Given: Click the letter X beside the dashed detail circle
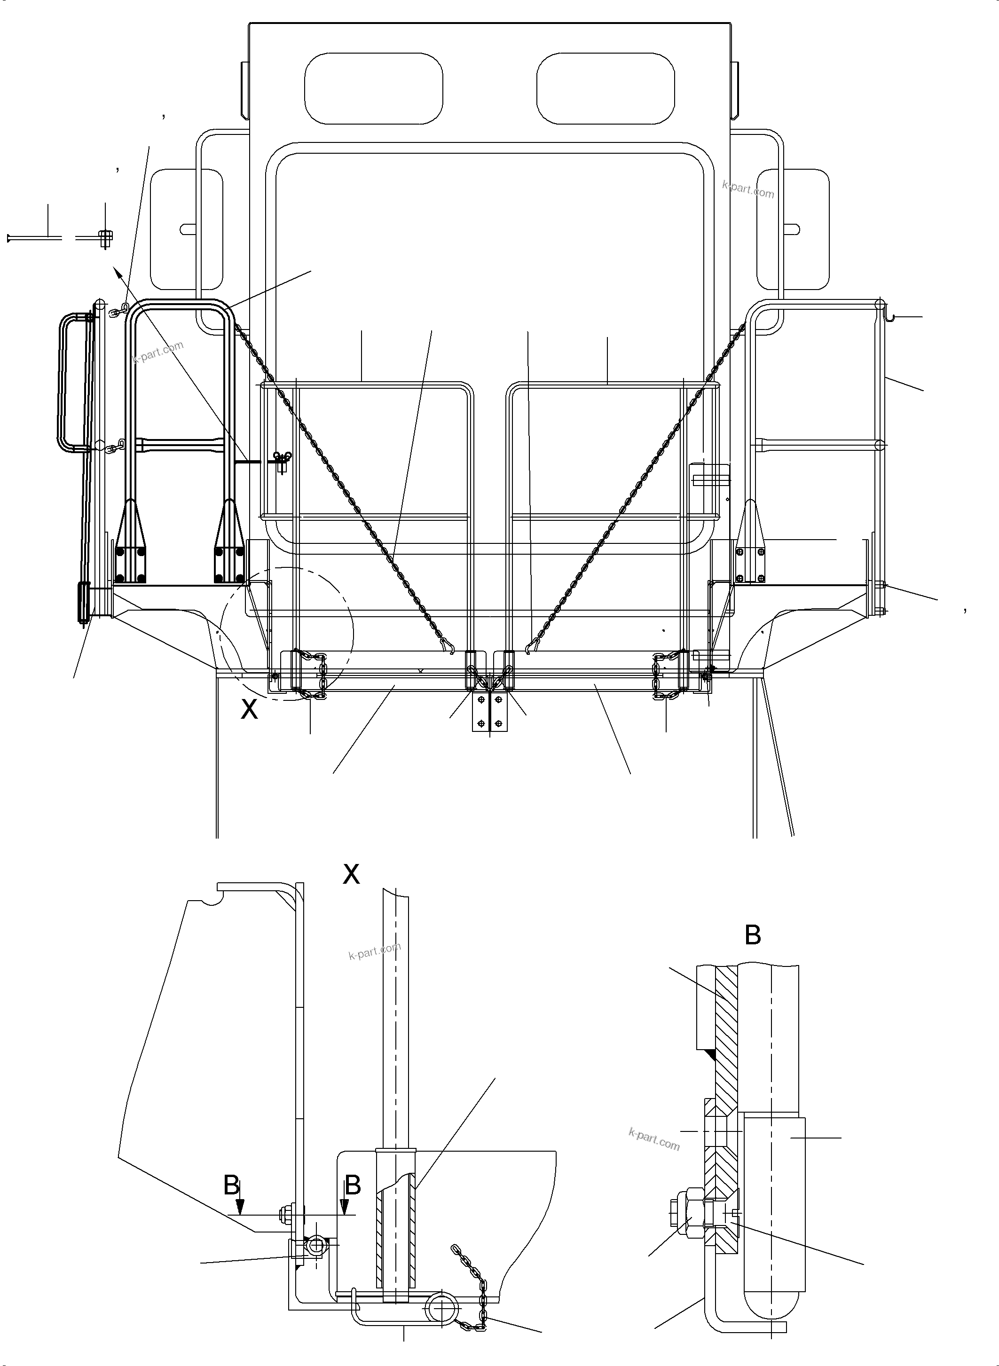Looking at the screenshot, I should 249,709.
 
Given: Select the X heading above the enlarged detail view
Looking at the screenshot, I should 351,874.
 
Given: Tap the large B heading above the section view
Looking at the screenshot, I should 752,935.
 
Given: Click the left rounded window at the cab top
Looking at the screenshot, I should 373,89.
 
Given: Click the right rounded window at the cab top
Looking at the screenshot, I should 606,89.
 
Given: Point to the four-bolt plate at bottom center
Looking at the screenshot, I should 489,712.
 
